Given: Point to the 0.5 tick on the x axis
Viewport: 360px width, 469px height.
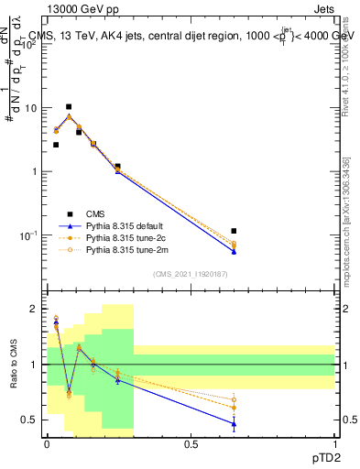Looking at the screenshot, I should point(191,442).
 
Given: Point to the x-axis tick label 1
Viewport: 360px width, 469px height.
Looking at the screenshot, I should point(334,442).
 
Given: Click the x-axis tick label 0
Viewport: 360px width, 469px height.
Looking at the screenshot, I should point(47,442).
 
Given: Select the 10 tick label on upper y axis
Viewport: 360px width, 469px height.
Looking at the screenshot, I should point(31,108).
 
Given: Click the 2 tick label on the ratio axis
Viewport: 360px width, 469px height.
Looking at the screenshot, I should point(35,310).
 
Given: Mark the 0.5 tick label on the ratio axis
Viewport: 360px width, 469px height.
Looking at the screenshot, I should point(31,420).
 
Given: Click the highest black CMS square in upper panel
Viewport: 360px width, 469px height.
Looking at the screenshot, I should point(69,107).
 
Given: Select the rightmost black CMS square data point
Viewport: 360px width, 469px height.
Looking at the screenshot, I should point(235,231).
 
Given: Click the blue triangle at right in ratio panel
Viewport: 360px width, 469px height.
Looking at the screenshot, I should point(235,423).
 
